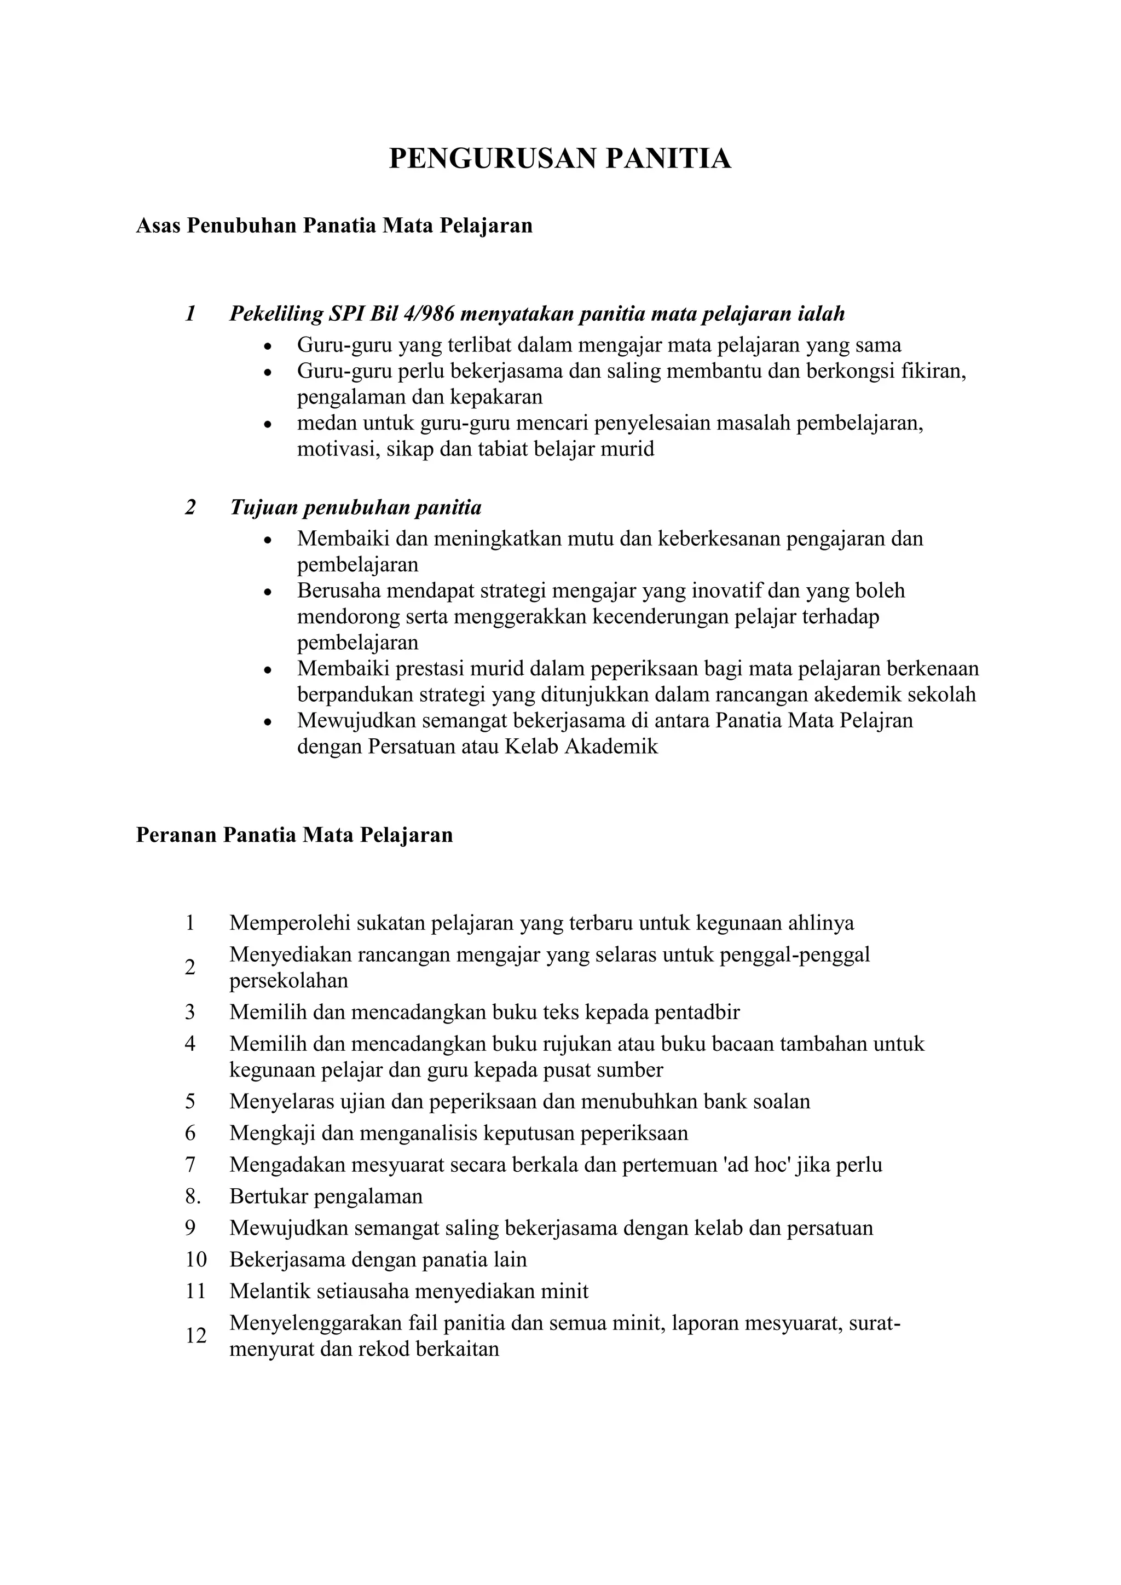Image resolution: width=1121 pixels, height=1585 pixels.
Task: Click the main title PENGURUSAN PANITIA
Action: tap(560, 159)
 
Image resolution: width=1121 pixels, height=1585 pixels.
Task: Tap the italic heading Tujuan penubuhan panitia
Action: tap(355, 507)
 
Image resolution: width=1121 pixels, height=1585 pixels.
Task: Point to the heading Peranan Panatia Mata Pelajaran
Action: tap(294, 835)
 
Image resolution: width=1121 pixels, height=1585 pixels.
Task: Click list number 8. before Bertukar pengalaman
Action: tap(192, 1196)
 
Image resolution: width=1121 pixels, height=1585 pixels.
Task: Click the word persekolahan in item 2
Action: tap(288, 981)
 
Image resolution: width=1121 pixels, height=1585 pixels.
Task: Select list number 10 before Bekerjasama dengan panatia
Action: tap(195, 1259)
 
